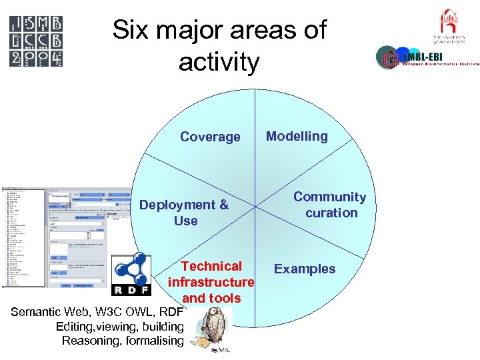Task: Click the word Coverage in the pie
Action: tap(210, 137)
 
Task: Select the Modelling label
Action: tap(297, 136)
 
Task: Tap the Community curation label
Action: tap(330, 205)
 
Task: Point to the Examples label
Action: tap(305, 269)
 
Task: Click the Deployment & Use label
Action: tap(184, 213)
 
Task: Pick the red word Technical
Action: tap(212, 266)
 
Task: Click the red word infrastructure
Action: tap(211, 282)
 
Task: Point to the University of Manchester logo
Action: tap(449, 27)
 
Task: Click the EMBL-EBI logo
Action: tap(427, 59)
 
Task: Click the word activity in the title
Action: tap(219, 62)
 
